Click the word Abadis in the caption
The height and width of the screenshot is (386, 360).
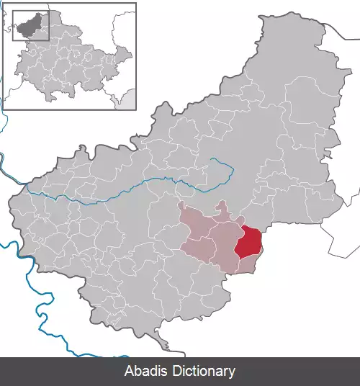click(x=145, y=372)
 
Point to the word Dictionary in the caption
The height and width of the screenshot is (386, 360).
click(x=203, y=372)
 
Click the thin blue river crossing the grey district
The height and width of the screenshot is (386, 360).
click(x=108, y=193)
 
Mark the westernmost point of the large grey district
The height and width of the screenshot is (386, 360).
click(x=10, y=209)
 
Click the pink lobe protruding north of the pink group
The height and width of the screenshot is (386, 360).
click(x=223, y=210)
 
